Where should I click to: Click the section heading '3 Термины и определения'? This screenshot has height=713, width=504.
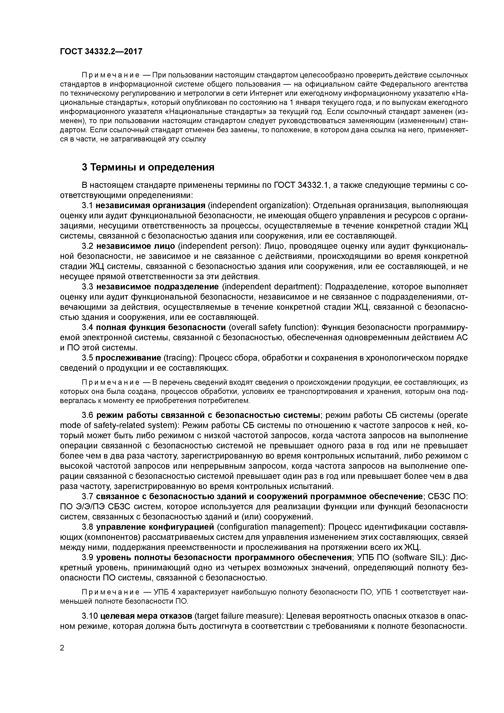click(x=148, y=167)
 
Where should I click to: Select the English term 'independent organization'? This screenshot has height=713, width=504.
click(x=257, y=205)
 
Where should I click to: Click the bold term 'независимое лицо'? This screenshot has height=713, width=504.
click(x=136, y=246)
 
